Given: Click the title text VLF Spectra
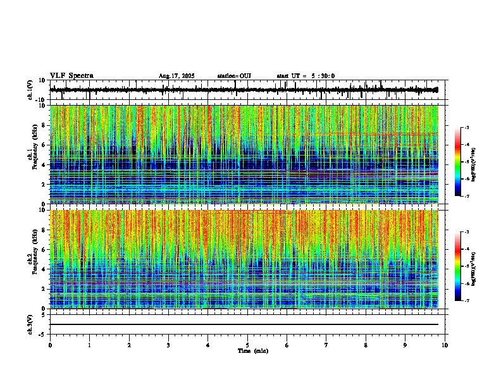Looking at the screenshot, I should click(71, 76).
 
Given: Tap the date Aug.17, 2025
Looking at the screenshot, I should click(176, 76).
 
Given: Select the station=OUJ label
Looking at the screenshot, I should click(234, 76).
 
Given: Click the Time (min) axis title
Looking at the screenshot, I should click(252, 351).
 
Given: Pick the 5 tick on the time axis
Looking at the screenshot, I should click(247, 345).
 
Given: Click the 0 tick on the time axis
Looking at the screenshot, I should click(50, 345).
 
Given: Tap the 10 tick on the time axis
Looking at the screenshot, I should click(445, 345).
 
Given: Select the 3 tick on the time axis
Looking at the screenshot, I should click(168, 345).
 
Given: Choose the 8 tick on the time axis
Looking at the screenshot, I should click(366, 345).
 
